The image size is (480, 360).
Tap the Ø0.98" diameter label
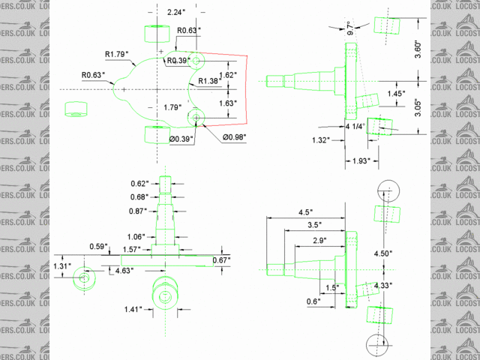pyautogui.click(x=238, y=137)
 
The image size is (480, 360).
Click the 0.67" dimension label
pyautogui.click(x=221, y=259)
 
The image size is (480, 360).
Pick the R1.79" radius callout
pyautogui.click(x=117, y=54)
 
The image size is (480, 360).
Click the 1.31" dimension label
pyautogui.click(x=62, y=265)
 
